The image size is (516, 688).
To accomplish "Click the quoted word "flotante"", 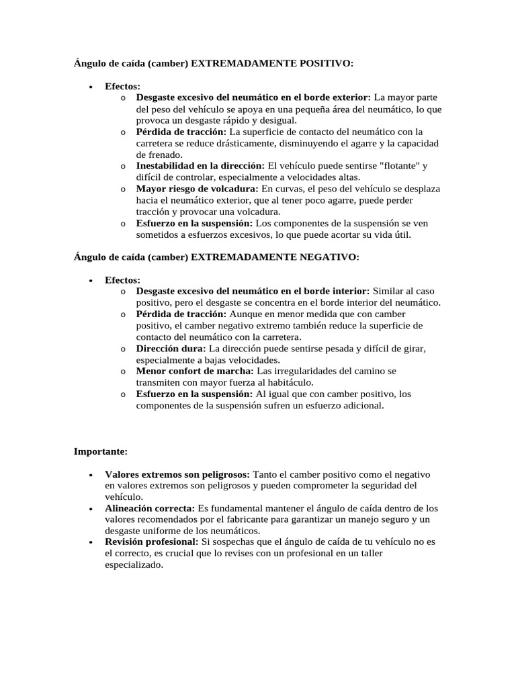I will click(x=395, y=166).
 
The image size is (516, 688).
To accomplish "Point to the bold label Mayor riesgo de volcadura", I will click(x=197, y=189).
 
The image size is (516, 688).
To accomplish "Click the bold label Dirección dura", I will click(x=171, y=349).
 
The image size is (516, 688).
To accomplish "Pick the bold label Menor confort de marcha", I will click(x=195, y=371).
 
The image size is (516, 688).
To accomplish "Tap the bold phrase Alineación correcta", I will click(x=150, y=509).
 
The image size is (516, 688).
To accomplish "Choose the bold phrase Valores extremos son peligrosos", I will click(x=177, y=474).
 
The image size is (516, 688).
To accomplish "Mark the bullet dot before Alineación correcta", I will click(x=90, y=509).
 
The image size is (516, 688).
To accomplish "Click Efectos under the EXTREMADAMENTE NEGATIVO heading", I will click(x=122, y=280).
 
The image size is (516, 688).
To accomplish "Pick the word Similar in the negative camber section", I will click(x=390, y=291).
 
